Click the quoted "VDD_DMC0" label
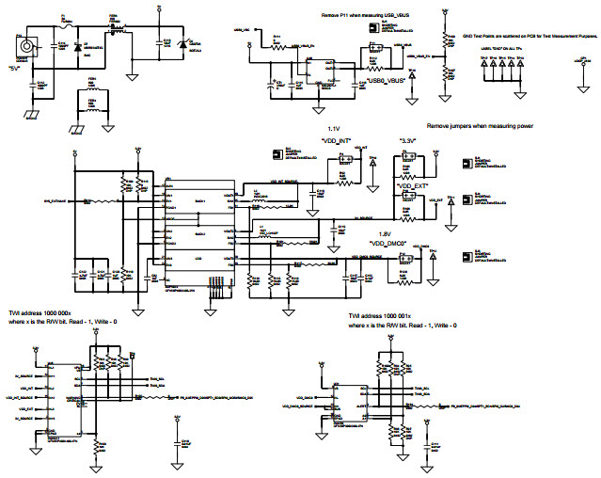pyautogui.click(x=387, y=242)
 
